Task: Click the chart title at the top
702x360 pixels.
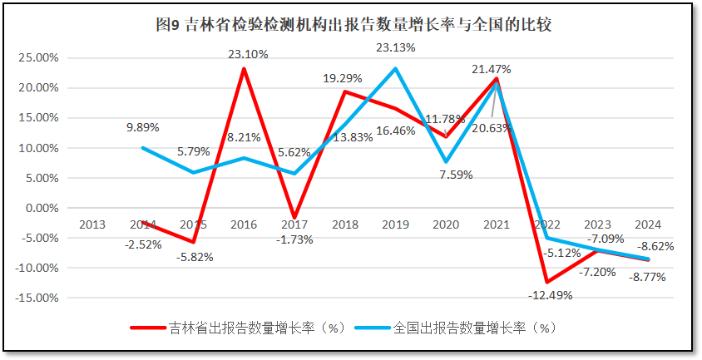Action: coord(353,24)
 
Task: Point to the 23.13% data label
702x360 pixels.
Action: coord(395,47)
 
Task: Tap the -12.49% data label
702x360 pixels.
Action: coord(549,295)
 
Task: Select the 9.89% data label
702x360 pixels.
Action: coord(142,127)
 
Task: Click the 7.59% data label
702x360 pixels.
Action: coord(456,175)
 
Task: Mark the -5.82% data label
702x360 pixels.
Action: coord(194,257)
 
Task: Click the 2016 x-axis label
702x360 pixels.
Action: coord(244,224)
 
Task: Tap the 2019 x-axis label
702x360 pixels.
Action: coord(395,224)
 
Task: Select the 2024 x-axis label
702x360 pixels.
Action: coord(648,224)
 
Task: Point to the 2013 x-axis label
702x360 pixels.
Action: coord(91,224)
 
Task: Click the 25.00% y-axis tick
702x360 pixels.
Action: coord(37,58)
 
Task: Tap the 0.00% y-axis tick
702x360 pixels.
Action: coord(40,208)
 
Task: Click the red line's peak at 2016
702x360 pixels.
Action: coord(244,68)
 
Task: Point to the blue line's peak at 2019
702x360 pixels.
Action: coord(395,68)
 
